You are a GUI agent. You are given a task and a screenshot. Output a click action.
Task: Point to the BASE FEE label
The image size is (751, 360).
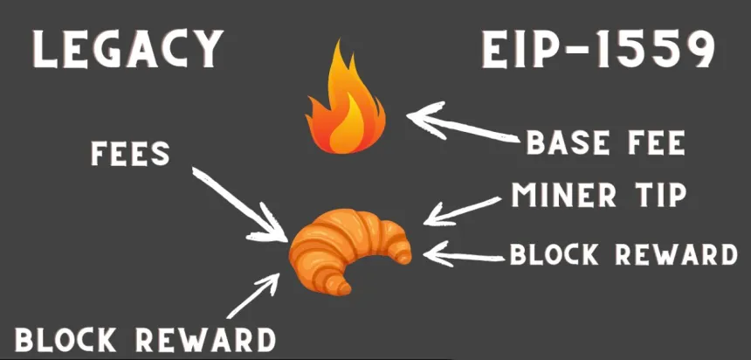point(604,142)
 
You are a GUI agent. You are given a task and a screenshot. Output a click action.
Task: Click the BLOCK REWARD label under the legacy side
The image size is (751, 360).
point(144,338)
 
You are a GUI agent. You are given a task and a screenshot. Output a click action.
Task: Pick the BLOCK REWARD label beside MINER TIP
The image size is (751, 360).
point(624,253)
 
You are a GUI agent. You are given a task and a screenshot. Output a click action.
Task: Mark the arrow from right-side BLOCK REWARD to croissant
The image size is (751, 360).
point(463,254)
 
